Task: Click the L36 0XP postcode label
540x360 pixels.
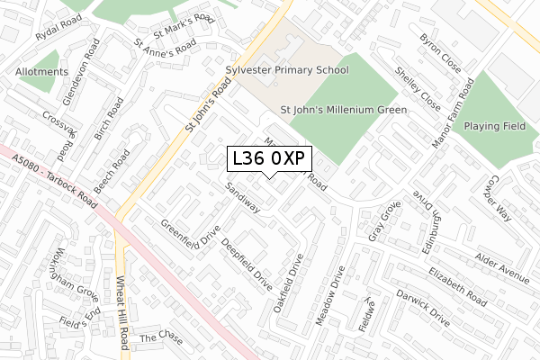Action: point(269,158)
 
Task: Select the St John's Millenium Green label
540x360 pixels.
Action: point(344,110)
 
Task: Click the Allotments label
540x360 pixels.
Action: point(41,72)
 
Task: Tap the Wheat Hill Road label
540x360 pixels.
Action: point(121,307)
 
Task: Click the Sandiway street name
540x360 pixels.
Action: point(242,196)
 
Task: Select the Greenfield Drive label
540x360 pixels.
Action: point(190,234)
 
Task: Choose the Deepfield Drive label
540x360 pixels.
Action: point(246,259)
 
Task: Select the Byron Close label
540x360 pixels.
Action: point(439,53)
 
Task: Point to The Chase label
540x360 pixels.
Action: point(161,339)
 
